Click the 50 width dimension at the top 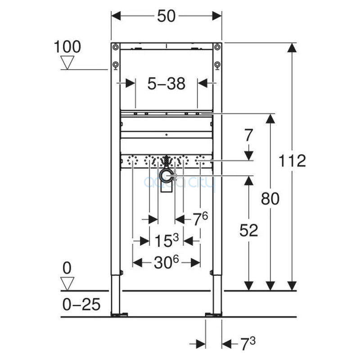[x=166, y=16]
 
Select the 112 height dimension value [x=292, y=161]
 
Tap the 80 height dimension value [x=270, y=198]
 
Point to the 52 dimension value [x=249, y=230]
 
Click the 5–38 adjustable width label [x=166, y=84]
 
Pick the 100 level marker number [x=67, y=47]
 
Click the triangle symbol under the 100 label [x=67, y=62]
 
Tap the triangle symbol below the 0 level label [x=67, y=283]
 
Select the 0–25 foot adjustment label [x=81, y=305]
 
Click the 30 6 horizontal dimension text [x=166, y=262]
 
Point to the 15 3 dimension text [x=166, y=240]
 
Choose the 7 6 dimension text [x=200, y=219]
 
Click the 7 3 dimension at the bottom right [x=248, y=344]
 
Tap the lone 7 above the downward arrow [x=249, y=135]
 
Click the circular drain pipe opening [x=166, y=176]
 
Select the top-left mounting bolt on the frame [x=116, y=47]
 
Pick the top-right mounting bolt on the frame [x=217, y=47]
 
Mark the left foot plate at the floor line [x=119, y=314]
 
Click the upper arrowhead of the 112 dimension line [x=292, y=48]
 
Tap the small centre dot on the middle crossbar [x=166, y=135]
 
